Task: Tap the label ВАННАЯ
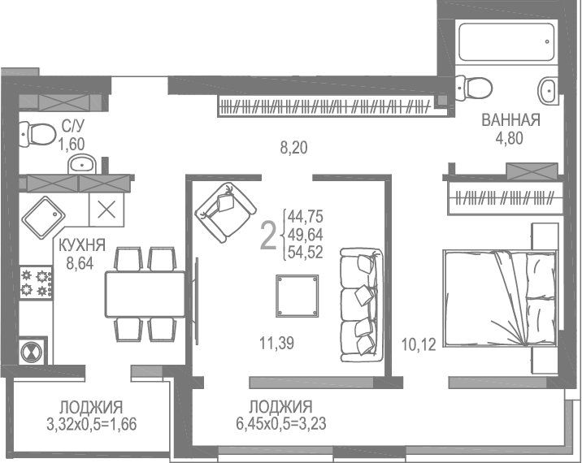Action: point(510,121)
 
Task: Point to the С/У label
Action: point(72,127)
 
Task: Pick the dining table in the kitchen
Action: point(145,294)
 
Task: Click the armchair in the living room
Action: point(223,211)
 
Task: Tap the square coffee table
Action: point(297,296)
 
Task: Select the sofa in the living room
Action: point(360,305)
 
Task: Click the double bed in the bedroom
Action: point(497,309)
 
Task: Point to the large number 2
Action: point(267,235)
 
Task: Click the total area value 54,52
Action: point(306,252)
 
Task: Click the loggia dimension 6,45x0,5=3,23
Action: point(280,422)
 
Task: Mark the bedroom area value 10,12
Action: point(421,344)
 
